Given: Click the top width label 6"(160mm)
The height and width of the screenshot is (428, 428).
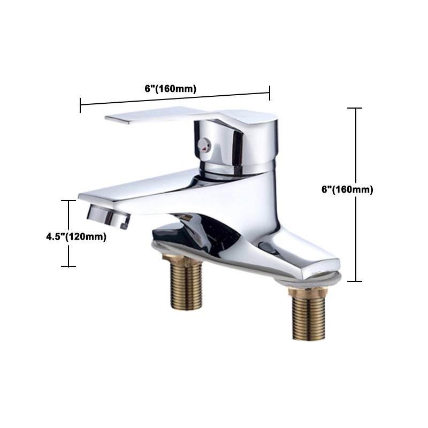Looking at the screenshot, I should tap(171, 89).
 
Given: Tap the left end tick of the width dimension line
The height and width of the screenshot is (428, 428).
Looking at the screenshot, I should tap(80, 105).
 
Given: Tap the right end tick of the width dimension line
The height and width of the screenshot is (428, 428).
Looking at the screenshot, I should tap(270, 93).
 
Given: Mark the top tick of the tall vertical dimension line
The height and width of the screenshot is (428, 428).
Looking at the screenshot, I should tap(355, 109).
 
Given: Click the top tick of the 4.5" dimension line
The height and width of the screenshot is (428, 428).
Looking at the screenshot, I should tap(68, 201).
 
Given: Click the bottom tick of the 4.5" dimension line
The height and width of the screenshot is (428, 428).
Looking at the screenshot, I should tap(68, 266).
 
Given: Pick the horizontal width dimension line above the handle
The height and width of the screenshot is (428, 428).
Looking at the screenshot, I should tap(175, 99).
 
